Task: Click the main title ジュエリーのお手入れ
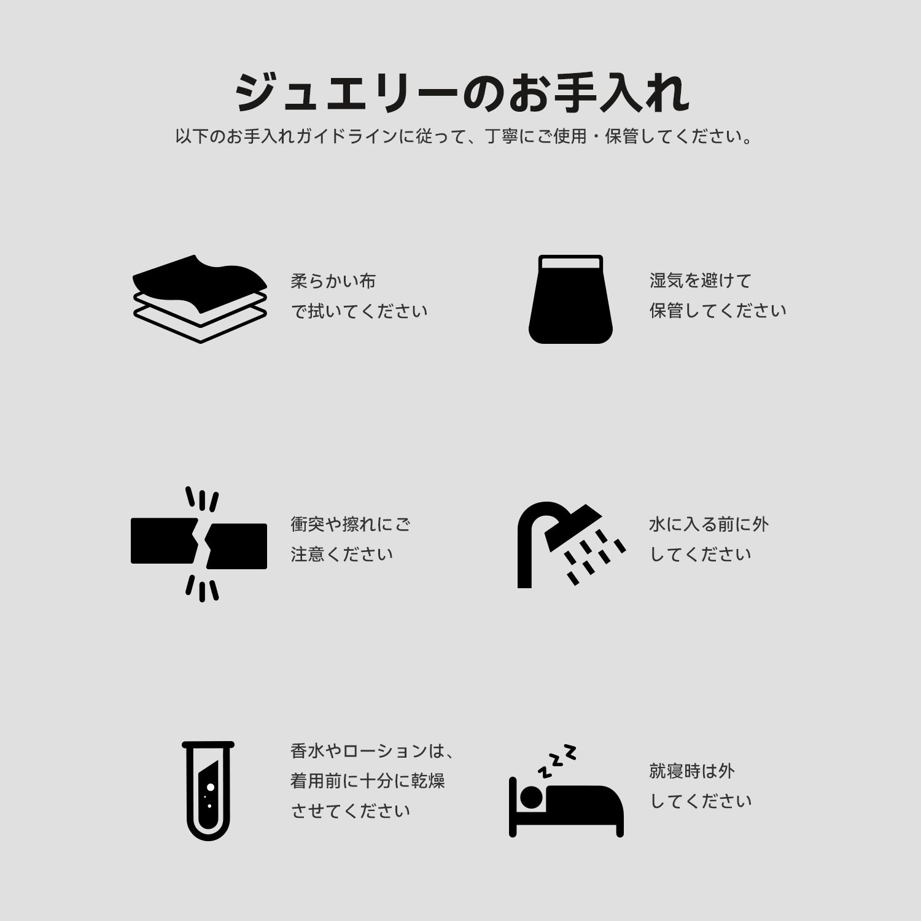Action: click(462, 93)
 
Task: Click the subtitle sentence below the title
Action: click(464, 136)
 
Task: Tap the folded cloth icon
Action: click(200, 298)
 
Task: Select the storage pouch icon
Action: click(570, 299)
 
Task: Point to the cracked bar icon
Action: click(199, 544)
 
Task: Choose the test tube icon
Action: click(208, 790)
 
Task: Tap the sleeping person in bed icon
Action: click(566, 791)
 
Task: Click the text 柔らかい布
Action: click(333, 281)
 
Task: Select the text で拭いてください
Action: click(359, 311)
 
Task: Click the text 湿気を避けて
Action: click(701, 281)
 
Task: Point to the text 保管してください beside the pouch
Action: click(718, 311)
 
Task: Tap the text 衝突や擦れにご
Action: click(351, 524)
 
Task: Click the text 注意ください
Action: click(342, 554)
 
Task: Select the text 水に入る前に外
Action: click(709, 524)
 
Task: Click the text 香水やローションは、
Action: click(372, 751)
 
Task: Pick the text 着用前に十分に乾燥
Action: click(368, 781)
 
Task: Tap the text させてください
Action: click(351, 811)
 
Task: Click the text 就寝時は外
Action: click(692, 771)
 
